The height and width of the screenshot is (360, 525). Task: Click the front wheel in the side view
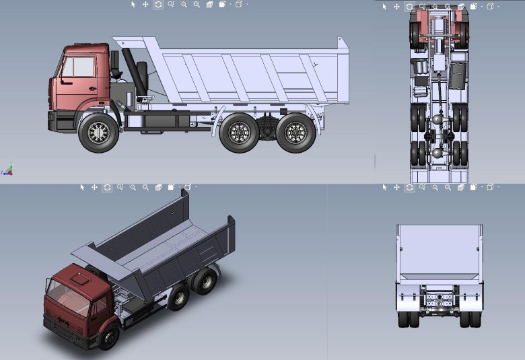pyautogui.click(x=98, y=133)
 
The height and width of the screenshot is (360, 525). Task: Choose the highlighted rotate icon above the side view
pyautogui.click(x=157, y=4)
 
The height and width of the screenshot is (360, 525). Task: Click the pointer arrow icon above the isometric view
pyautogui.click(x=82, y=187)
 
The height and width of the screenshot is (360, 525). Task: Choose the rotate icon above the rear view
pyautogui.click(x=409, y=187)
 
